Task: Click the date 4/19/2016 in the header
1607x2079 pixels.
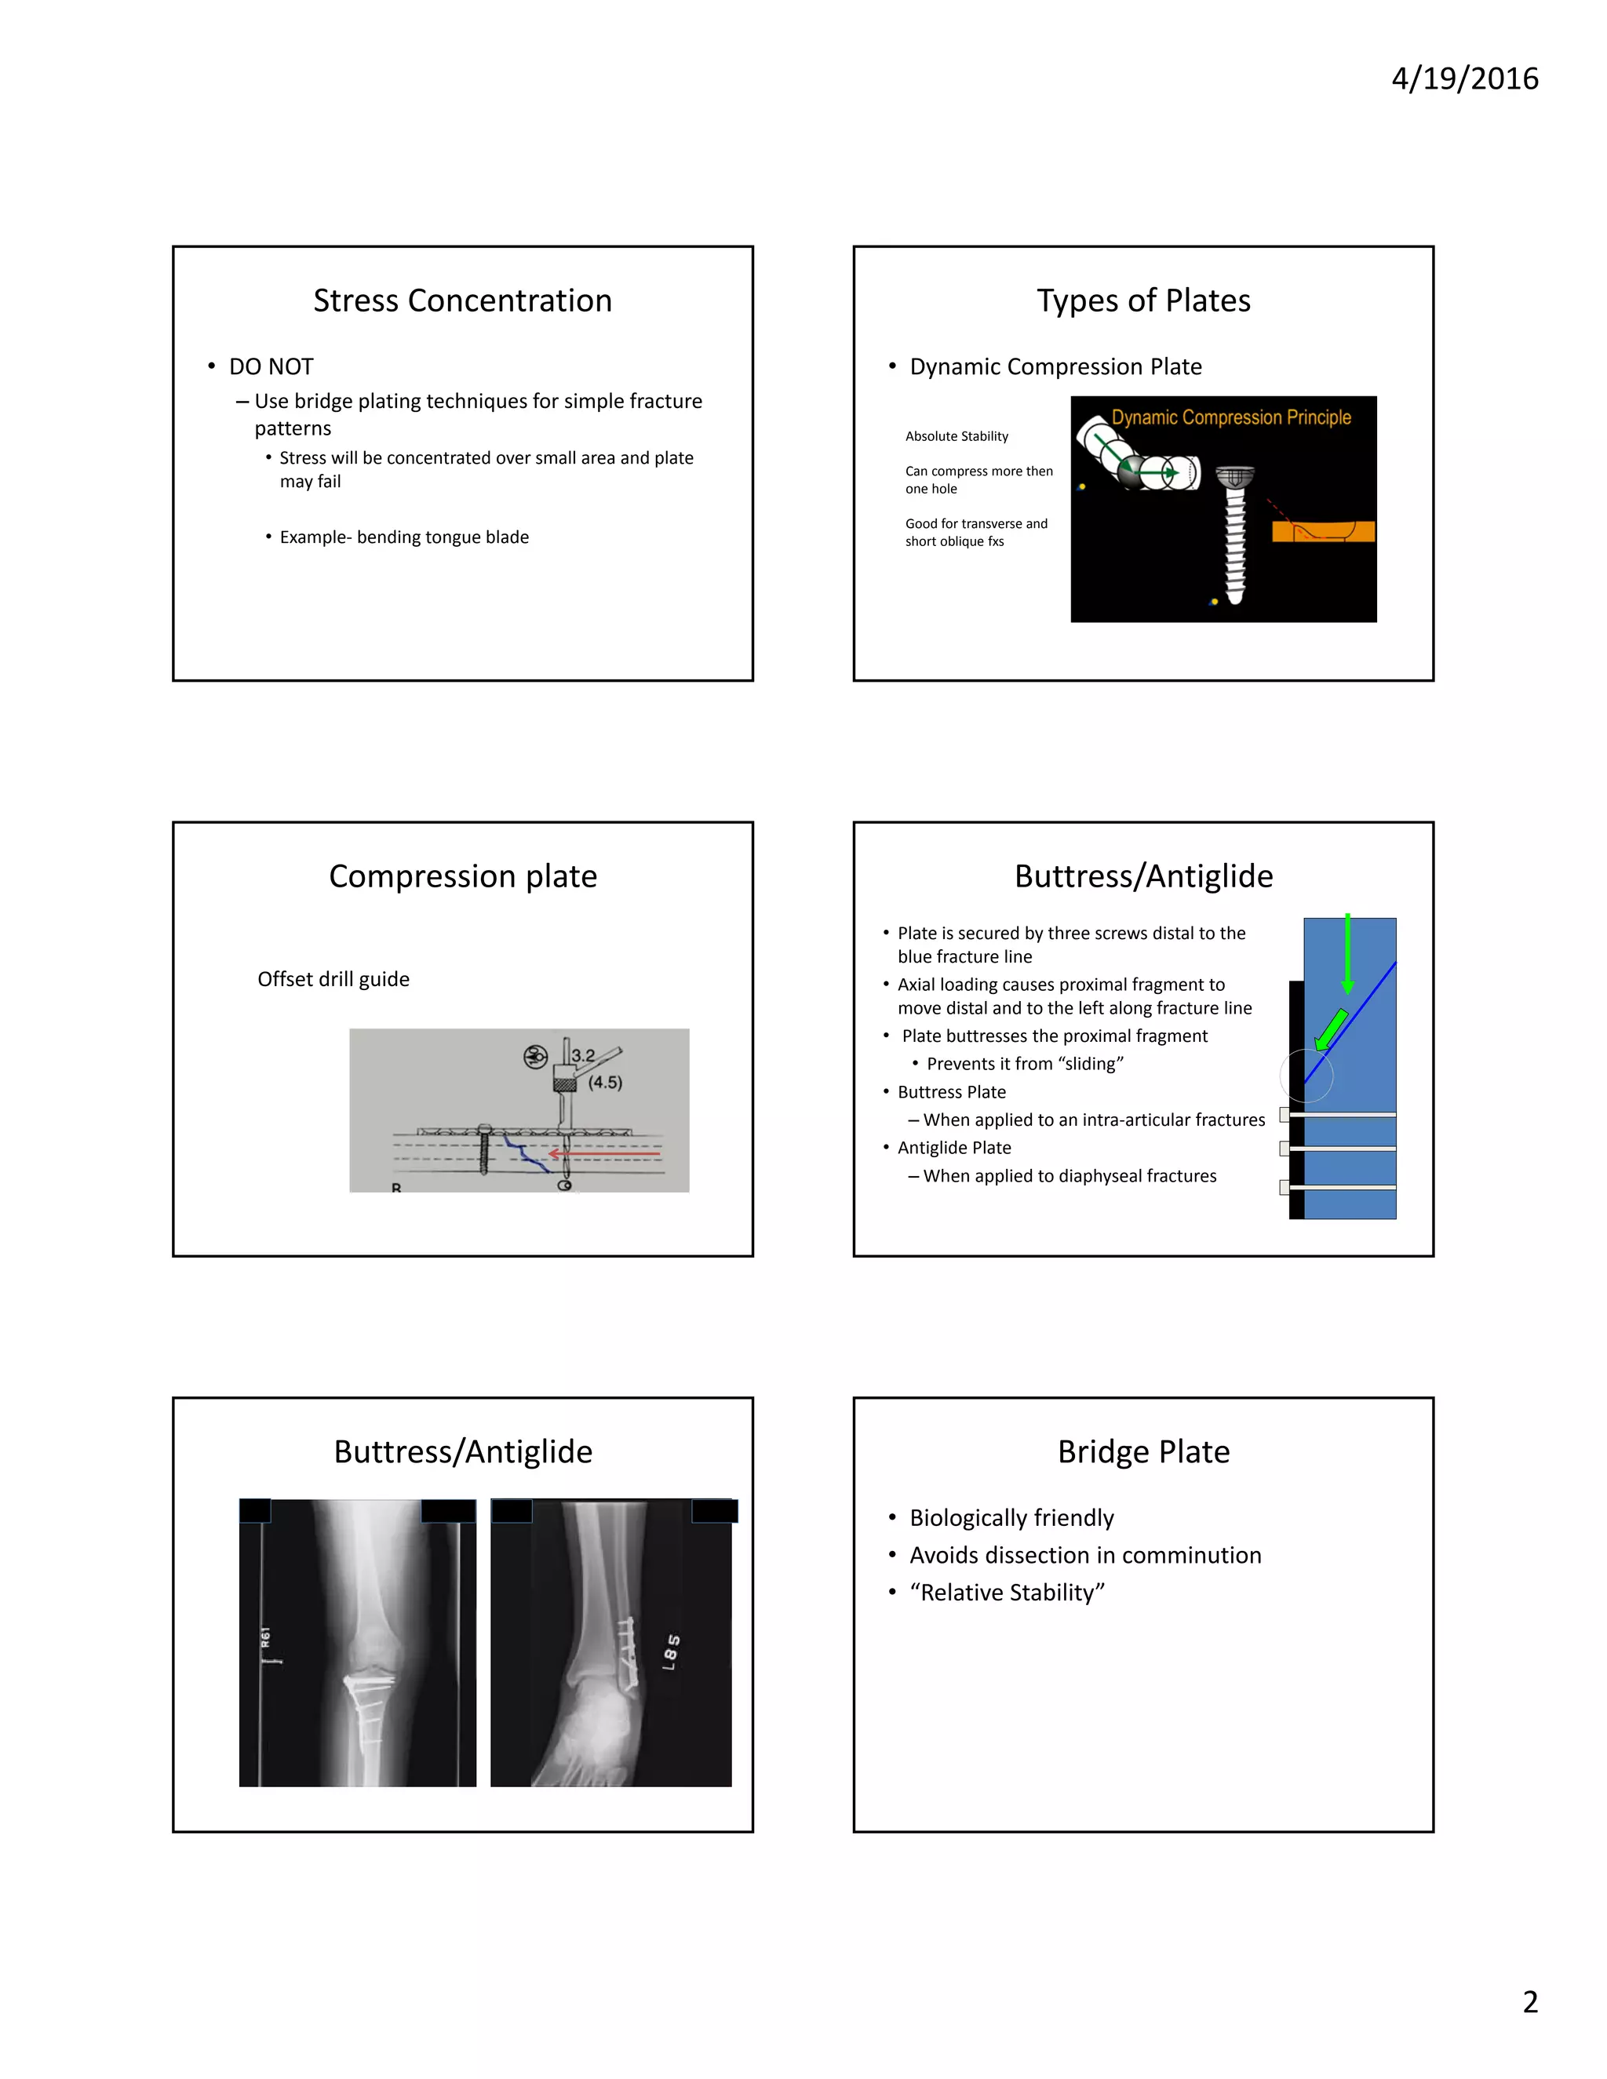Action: pyautogui.click(x=1464, y=78)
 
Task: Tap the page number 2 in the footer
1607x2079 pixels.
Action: pyautogui.click(x=1530, y=2002)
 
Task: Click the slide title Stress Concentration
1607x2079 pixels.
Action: pyautogui.click(x=463, y=300)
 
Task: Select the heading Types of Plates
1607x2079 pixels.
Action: pyautogui.click(x=1143, y=300)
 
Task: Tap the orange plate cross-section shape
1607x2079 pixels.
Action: pyautogui.click(x=1323, y=531)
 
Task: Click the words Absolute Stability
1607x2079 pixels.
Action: pyautogui.click(x=957, y=436)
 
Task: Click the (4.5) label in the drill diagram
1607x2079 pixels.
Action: pyautogui.click(x=606, y=1083)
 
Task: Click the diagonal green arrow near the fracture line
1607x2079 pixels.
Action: pyautogui.click(x=1331, y=1030)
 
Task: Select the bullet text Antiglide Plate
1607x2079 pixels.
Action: pyautogui.click(x=954, y=1148)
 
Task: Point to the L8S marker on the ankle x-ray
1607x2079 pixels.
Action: pyautogui.click(x=671, y=1651)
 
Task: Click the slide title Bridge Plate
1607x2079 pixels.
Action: pyautogui.click(x=1143, y=1451)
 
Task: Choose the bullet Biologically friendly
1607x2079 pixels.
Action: pyautogui.click(x=1011, y=1517)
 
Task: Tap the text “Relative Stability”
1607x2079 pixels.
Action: pyautogui.click(x=1008, y=1593)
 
